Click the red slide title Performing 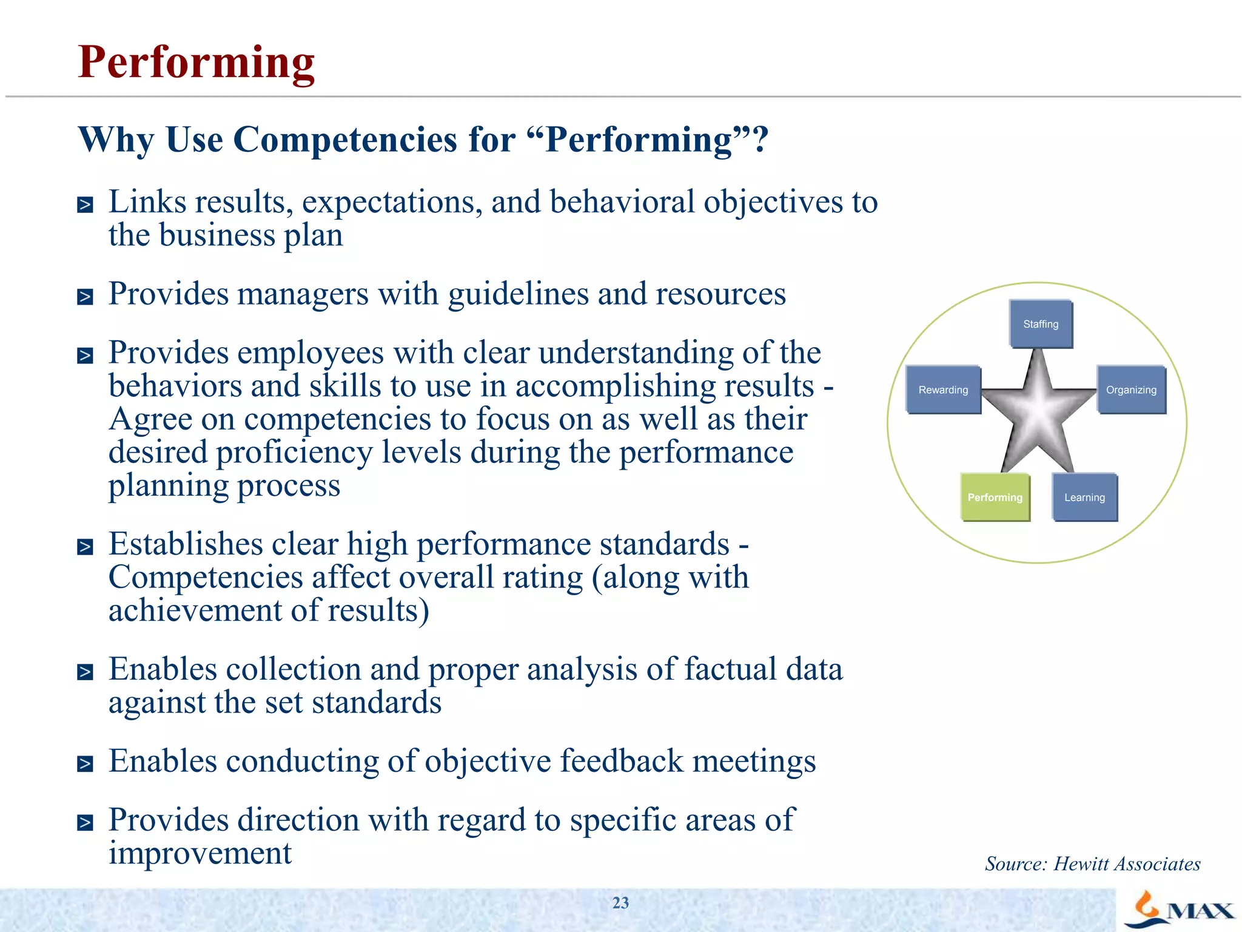coord(196,62)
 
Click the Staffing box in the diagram coord(1041,324)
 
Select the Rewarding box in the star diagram coord(943,390)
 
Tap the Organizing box coord(1131,390)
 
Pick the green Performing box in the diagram coord(995,497)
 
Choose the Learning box coord(1084,497)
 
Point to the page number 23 coord(620,903)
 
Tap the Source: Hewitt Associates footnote coord(1092,863)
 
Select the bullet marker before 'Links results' coord(86,205)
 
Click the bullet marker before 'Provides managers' coord(86,297)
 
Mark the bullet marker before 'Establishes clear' coord(86,547)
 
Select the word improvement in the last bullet coord(200,854)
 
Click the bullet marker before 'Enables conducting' coord(86,764)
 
